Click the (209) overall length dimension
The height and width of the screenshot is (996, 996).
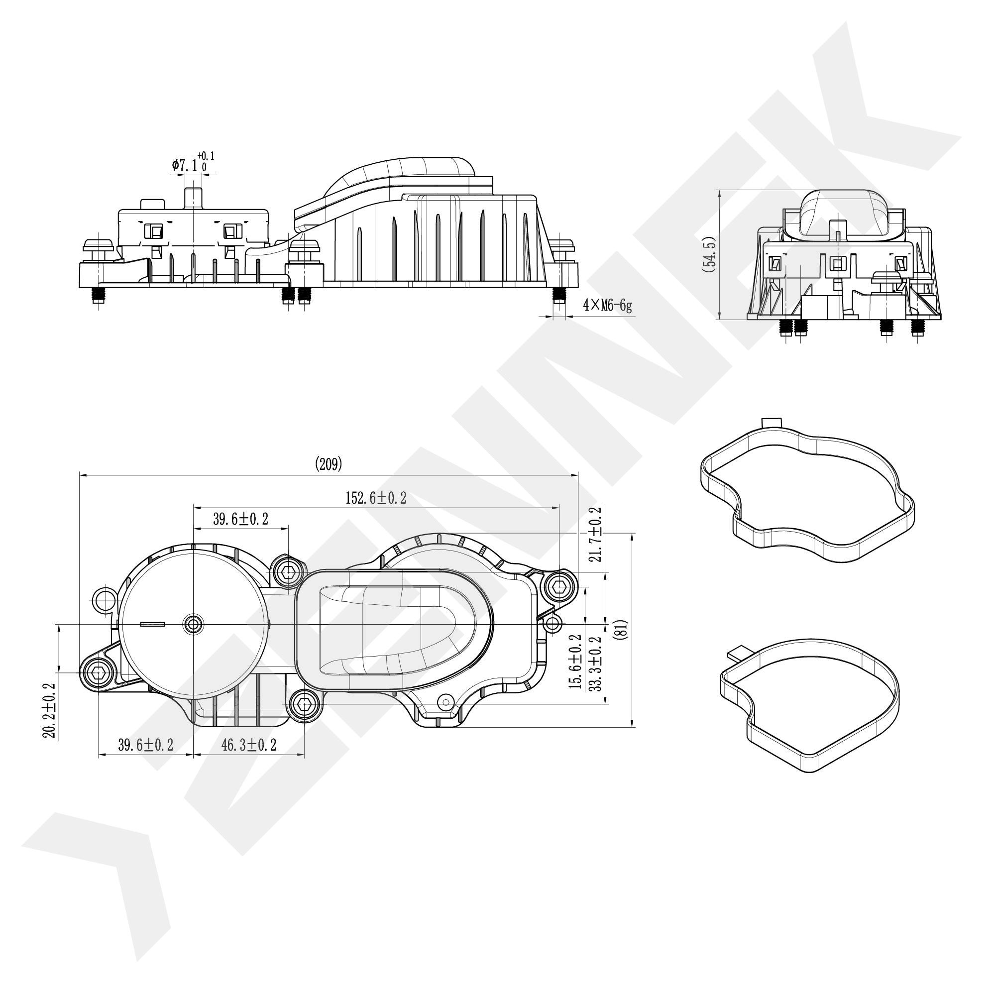click(328, 464)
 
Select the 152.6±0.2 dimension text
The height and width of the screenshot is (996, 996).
click(376, 498)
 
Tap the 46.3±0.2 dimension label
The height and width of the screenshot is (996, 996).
click(249, 745)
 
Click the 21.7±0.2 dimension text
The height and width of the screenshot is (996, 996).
click(595, 534)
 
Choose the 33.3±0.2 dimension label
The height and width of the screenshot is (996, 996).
click(595, 664)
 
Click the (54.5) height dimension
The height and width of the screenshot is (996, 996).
click(710, 254)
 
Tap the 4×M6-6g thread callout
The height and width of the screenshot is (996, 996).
click(607, 306)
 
